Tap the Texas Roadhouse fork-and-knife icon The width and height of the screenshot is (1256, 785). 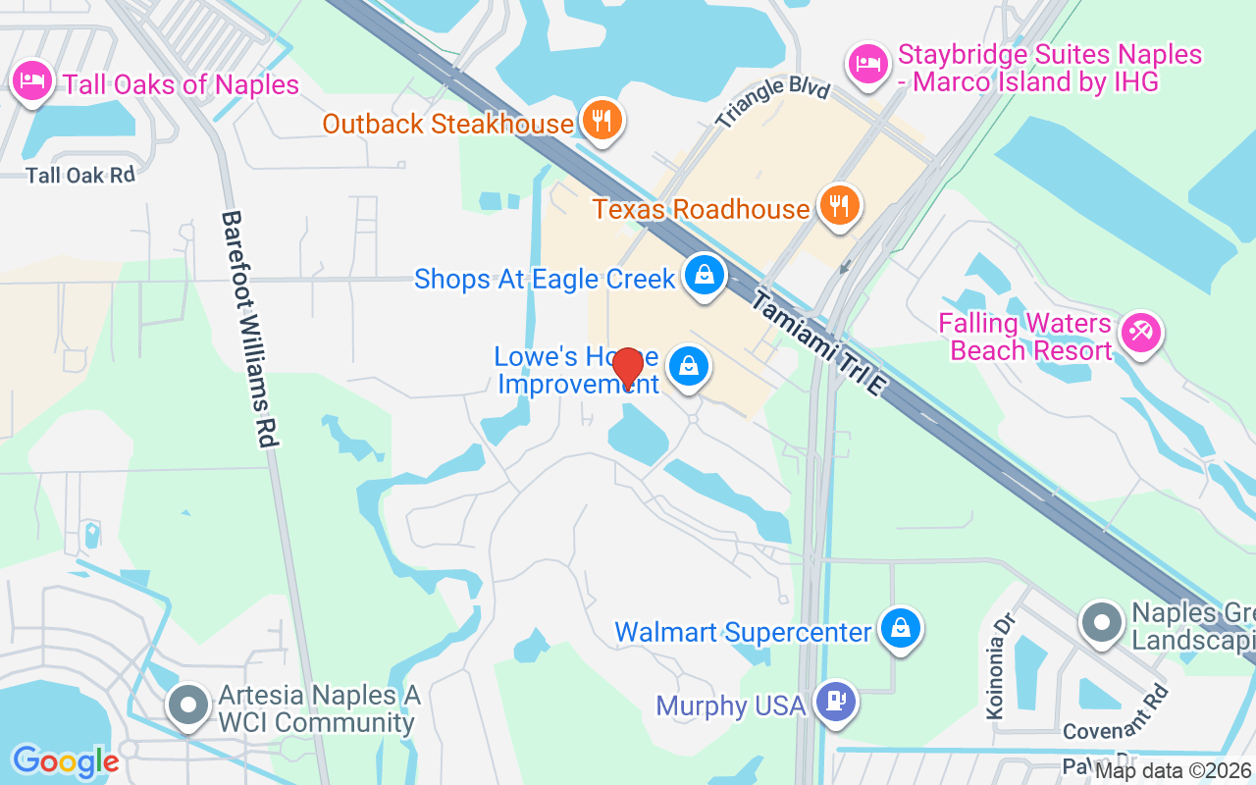pos(839,206)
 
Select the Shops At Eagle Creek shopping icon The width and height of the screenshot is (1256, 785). pos(705,276)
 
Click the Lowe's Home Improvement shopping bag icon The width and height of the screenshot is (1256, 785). pos(689,368)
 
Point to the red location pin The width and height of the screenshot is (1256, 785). pos(627,368)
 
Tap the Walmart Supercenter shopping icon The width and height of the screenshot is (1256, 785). pos(900,629)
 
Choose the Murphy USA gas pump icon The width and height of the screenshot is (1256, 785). pos(836,703)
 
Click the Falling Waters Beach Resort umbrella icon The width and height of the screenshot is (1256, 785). pos(1140,334)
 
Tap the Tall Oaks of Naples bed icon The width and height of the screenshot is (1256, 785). pos(33,81)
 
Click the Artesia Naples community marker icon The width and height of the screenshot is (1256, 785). pos(187,706)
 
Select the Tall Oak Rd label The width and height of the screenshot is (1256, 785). pos(80,176)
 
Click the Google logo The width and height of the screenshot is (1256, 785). pos(66,761)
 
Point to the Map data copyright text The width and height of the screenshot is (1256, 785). pos(1173,771)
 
